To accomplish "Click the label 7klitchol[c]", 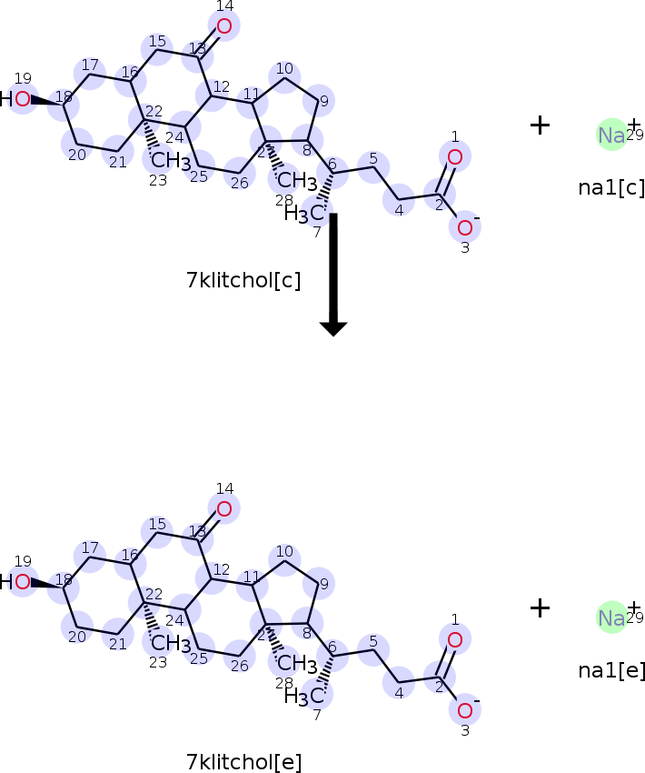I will point(243,280).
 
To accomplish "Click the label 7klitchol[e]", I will point(243,762).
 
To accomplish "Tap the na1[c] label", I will point(611,188).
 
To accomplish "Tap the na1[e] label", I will point(611,671).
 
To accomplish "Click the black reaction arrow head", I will point(333,327).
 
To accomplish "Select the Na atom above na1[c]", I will point(611,135).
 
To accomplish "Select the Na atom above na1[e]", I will point(611,617).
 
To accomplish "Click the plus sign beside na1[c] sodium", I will point(540,125).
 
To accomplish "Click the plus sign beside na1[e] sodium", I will point(540,608).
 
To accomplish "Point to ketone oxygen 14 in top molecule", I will point(224,27).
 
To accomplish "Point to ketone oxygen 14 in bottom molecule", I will point(224,509).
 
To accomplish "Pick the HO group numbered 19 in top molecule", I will point(16,98).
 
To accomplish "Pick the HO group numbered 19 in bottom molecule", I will point(16,581).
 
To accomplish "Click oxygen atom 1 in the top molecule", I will point(455,157).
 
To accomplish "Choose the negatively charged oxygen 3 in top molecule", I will point(465,226).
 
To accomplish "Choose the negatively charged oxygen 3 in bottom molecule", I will point(465,709).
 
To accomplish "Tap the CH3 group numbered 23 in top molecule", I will point(170,162).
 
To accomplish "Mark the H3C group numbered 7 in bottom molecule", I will point(304,697).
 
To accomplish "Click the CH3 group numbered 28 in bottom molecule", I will point(296,662).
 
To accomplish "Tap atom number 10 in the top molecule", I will point(285,77).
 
